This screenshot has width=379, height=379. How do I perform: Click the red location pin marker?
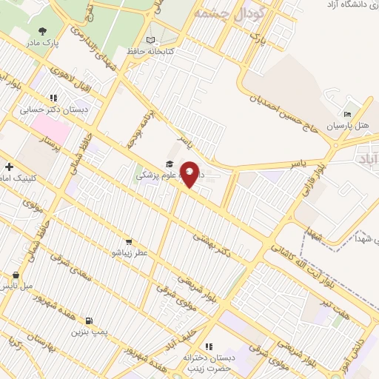189,174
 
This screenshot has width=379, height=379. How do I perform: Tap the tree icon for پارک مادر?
41,31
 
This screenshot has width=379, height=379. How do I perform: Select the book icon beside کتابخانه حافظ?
151,39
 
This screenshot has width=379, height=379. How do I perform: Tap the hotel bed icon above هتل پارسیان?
348,113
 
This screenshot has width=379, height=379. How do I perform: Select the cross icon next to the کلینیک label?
8,167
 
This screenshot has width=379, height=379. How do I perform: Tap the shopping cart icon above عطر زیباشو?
130,241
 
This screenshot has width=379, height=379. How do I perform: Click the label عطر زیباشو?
130,253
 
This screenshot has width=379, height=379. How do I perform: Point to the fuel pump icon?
90,321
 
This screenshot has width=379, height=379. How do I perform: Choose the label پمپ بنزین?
89,333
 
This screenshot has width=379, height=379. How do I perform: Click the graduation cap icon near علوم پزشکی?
170,164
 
